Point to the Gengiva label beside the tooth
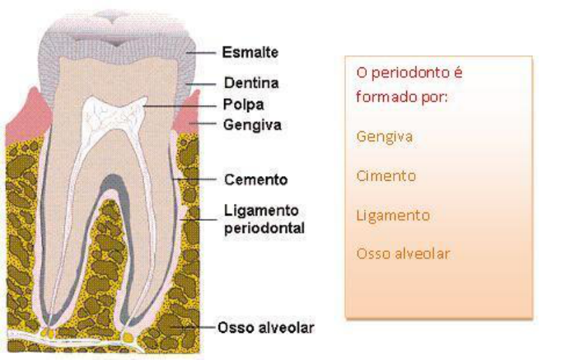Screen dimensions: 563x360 [249, 123]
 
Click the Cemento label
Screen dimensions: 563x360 [254, 180]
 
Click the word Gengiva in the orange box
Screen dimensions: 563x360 [384, 137]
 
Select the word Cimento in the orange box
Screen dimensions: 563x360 [385, 176]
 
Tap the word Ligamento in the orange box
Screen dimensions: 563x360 [392, 215]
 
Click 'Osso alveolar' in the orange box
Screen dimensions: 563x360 [402, 253]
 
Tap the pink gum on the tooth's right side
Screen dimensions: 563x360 [188, 116]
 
